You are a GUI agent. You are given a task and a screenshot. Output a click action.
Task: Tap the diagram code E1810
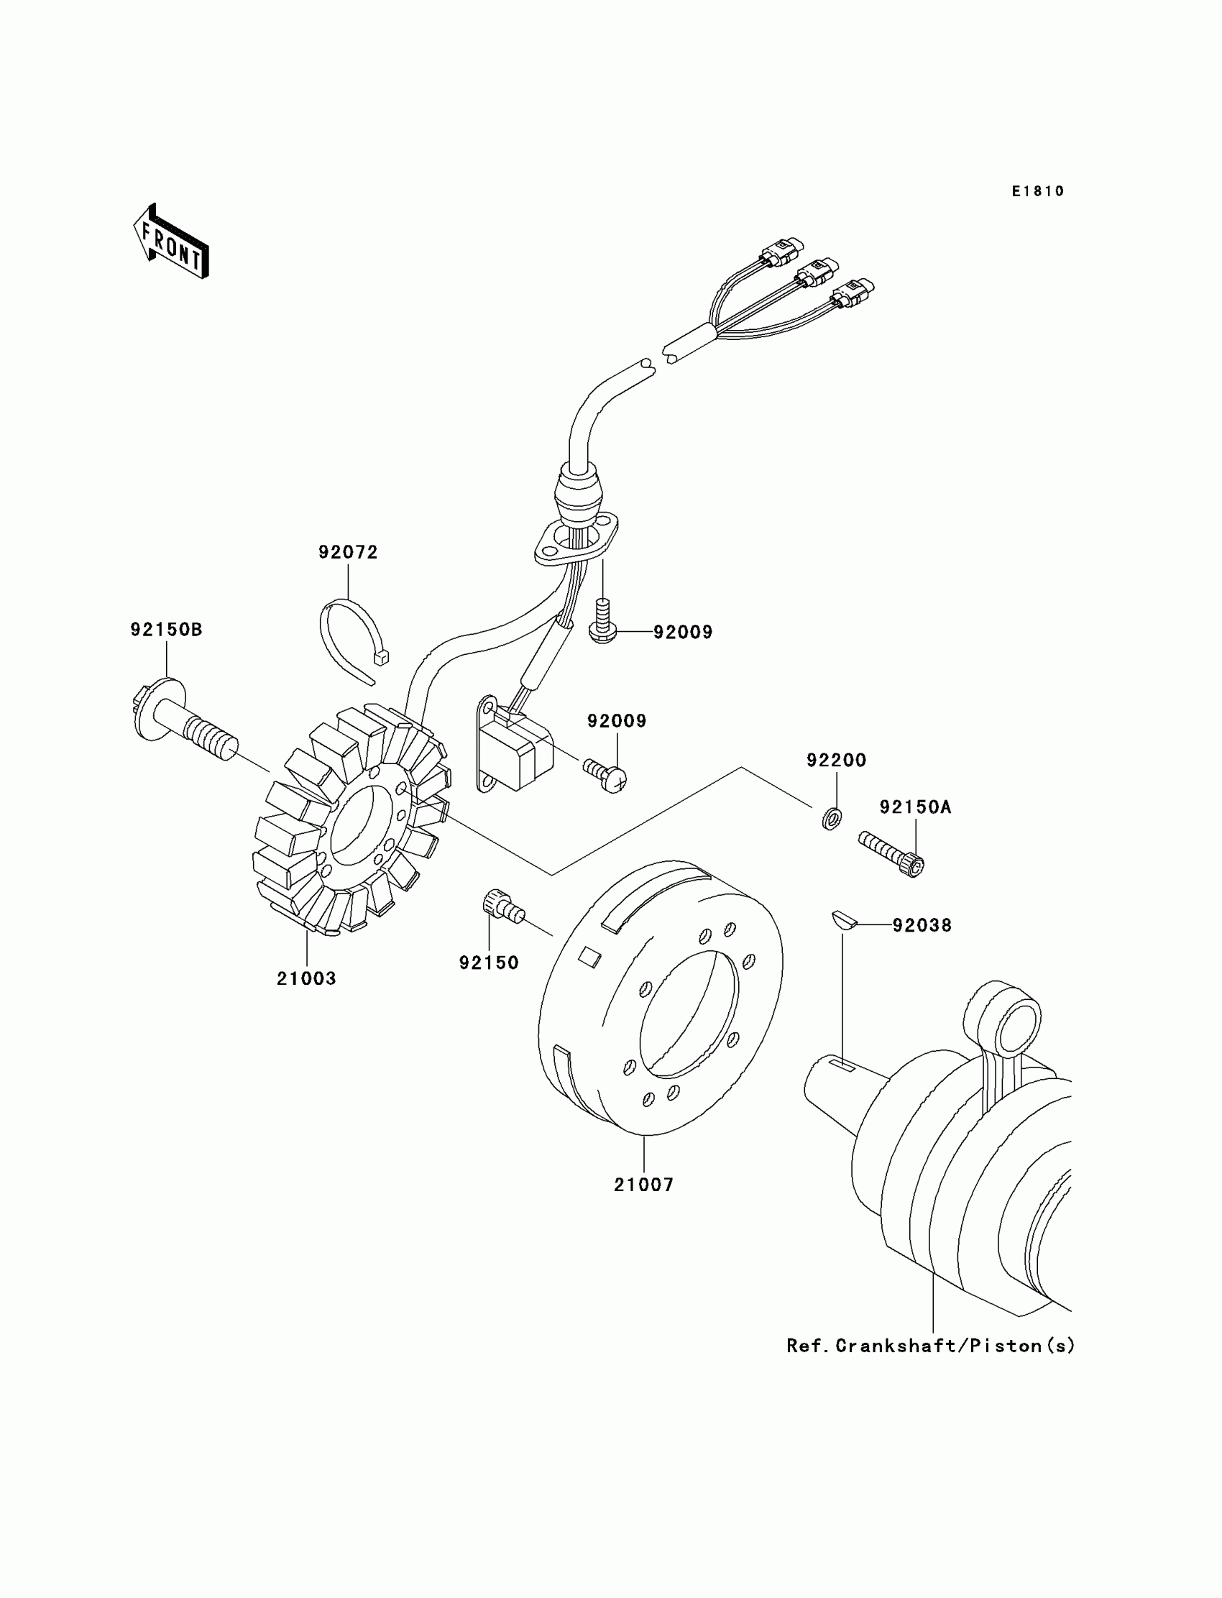(1037, 191)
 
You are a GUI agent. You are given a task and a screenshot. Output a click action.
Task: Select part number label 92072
(348, 553)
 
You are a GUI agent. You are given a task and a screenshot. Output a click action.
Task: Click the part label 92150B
(167, 630)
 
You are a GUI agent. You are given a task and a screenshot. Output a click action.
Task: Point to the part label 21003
(306, 979)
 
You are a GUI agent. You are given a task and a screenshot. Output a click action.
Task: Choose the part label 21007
(644, 1185)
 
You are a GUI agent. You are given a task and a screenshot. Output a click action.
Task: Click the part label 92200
(836, 761)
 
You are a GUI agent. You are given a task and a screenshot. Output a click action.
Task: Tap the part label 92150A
(915, 807)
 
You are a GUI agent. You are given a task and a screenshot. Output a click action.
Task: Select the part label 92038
(922, 926)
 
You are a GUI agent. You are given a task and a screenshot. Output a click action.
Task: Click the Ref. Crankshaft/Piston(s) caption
(930, 1346)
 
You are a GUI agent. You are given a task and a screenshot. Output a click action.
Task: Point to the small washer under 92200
(832, 819)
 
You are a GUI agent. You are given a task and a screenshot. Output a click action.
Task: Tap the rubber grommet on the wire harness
(579, 490)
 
